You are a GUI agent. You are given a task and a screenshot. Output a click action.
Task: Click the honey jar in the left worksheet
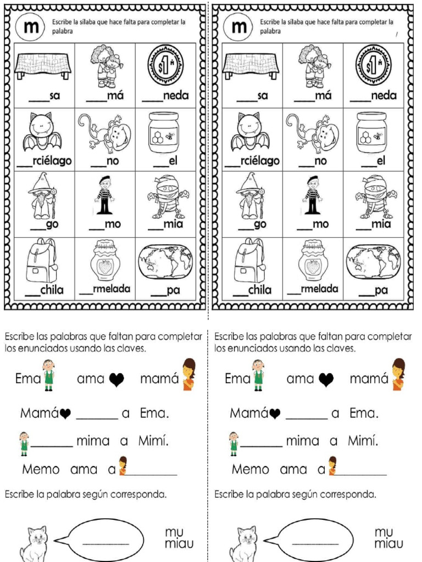pyautogui.click(x=164, y=132)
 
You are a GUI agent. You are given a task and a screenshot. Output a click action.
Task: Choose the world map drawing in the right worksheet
pyautogui.click(x=374, y=261)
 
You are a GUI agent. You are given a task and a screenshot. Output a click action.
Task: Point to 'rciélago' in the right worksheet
pyautogui.click(x=260, y=161)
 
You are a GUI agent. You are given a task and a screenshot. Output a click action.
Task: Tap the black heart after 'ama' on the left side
pyautogui.click(x=116, y=379)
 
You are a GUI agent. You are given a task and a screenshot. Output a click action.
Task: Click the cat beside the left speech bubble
pyautogui.click(x=34, y=543)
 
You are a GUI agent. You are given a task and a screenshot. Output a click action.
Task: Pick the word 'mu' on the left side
pyautogui.click(x=174, y=531)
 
